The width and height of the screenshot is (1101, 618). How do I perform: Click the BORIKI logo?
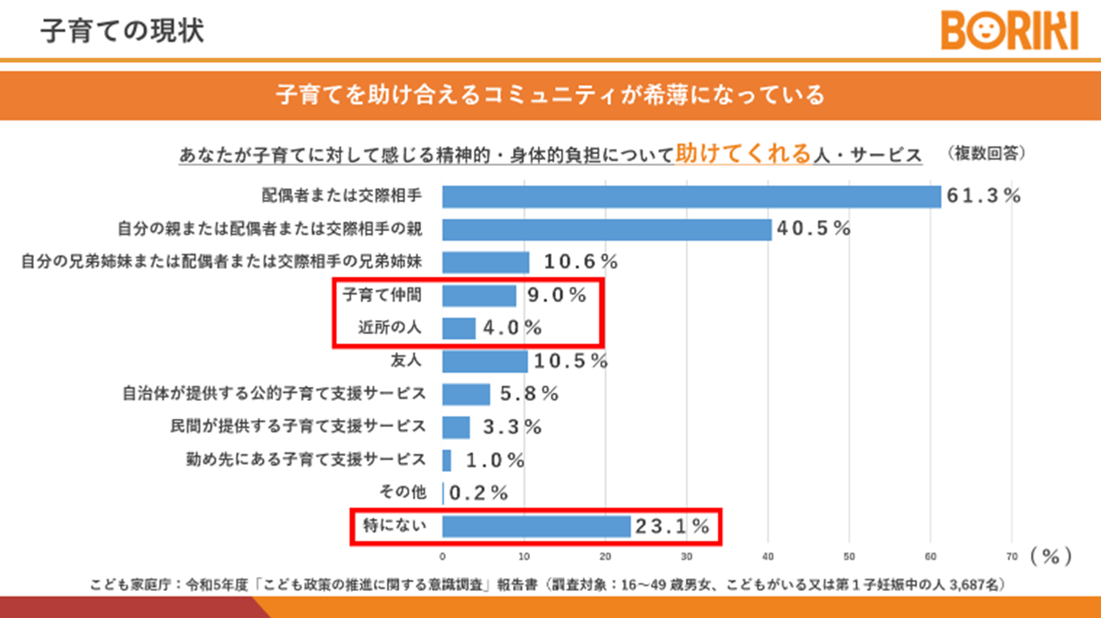pos(1009,31)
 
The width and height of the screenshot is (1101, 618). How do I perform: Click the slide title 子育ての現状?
pos(122,31)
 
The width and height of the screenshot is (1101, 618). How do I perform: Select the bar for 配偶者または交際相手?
pos(691,197)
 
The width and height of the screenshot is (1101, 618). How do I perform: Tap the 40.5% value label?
pos(814,229)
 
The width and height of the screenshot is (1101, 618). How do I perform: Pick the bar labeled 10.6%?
pos(485,262)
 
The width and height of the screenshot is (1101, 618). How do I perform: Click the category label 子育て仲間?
pos(382,295)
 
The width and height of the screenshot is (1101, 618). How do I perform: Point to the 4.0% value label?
pos(512,328)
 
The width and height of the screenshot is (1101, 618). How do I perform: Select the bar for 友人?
pos(484,361)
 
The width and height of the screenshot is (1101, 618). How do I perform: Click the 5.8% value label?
pos(529,394)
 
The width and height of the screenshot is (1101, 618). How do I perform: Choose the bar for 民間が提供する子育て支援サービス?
pos(456,427)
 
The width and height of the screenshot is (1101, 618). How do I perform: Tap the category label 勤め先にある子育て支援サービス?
pos(306,460)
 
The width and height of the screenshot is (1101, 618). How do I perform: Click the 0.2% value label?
pos(478,493)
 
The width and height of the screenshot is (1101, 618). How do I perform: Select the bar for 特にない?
pos(536,526)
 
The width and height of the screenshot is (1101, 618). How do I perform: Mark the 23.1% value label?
pos(672,527)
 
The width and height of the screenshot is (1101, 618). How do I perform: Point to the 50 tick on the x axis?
pos(849,557)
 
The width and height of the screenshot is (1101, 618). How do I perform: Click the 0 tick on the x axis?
pos(442,557)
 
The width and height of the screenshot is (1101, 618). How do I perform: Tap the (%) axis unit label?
pos(1050,556)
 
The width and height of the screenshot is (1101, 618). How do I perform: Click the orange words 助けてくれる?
pos(743,154)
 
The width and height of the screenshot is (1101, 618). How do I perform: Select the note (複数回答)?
pos(987,153)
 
